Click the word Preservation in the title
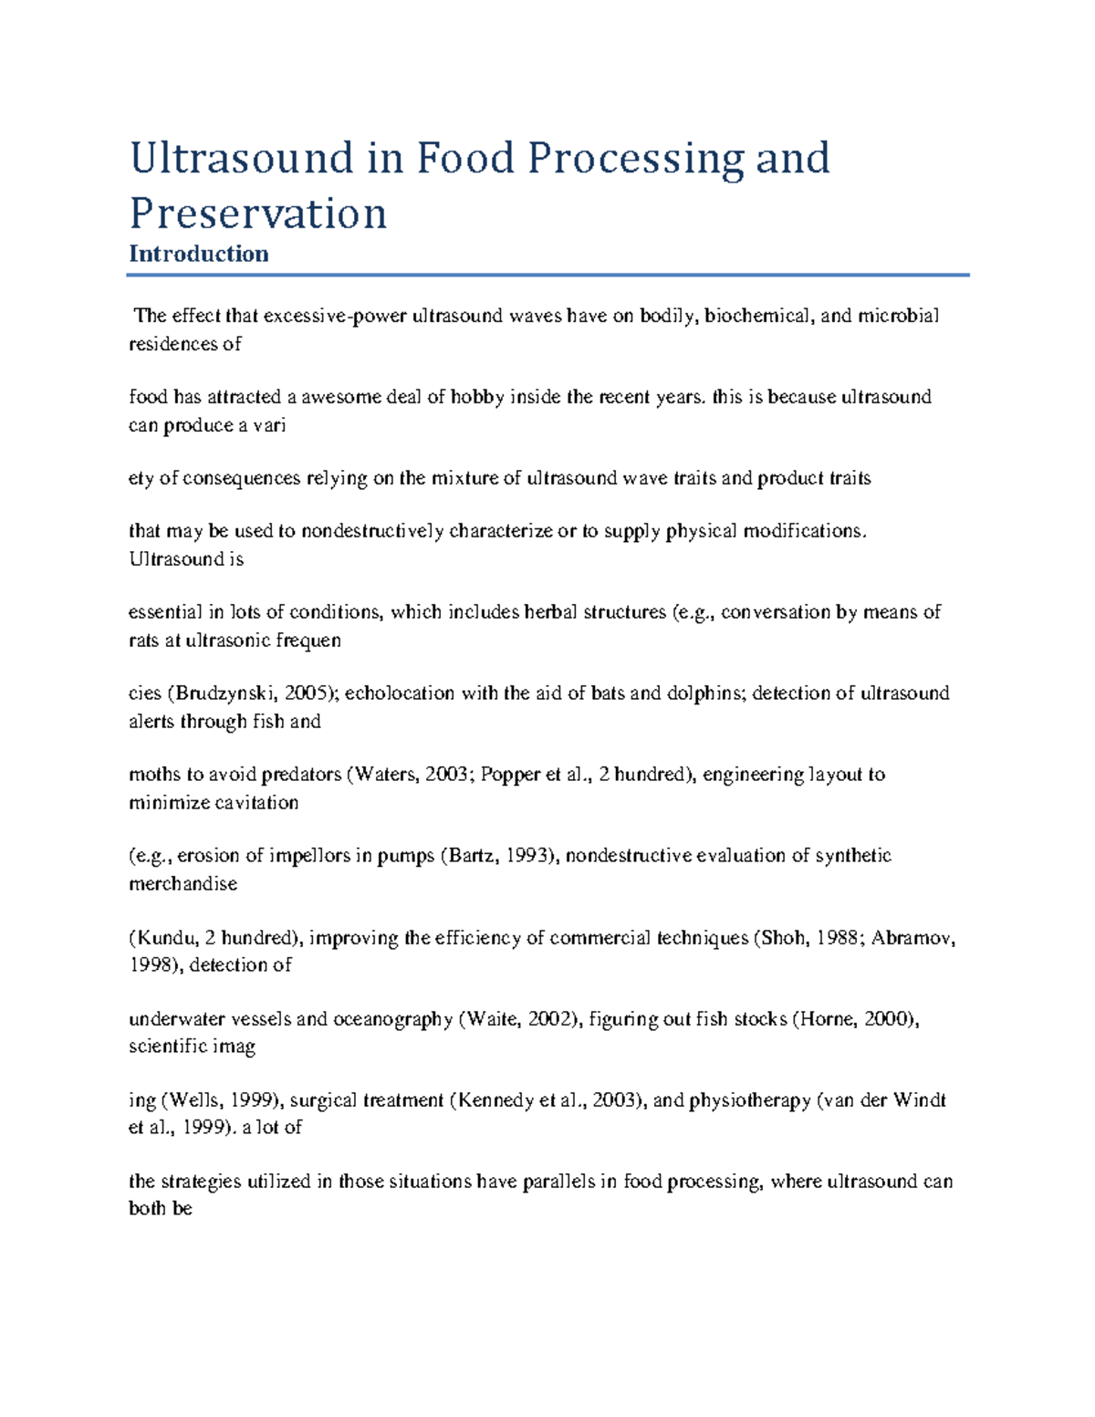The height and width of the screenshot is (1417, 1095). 258,214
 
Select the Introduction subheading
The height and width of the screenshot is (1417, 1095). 198,254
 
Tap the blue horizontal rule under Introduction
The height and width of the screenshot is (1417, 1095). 547,274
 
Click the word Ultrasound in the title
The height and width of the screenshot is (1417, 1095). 241,158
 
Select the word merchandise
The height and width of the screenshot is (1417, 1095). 182,883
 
